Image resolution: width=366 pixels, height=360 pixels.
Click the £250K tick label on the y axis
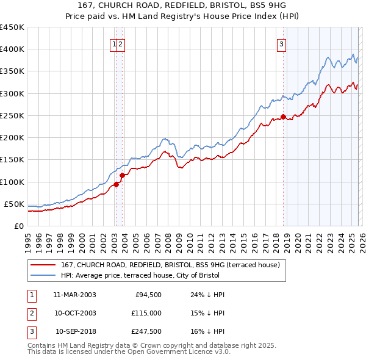12,115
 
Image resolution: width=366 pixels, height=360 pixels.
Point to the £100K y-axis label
12,182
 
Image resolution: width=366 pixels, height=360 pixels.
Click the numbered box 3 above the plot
282,44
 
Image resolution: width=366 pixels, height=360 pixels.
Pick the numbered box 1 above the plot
114,44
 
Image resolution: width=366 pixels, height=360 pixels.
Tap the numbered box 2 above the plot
121,44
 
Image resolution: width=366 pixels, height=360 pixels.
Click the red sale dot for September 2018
283,117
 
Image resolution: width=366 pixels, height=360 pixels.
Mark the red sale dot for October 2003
122,175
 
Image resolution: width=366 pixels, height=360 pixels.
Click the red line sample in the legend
43,265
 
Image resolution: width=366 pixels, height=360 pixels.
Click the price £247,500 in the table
146,332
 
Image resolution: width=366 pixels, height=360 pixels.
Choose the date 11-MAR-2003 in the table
74,295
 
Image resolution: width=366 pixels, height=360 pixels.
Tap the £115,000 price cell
146,313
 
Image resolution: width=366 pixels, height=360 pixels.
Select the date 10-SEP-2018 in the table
75,332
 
